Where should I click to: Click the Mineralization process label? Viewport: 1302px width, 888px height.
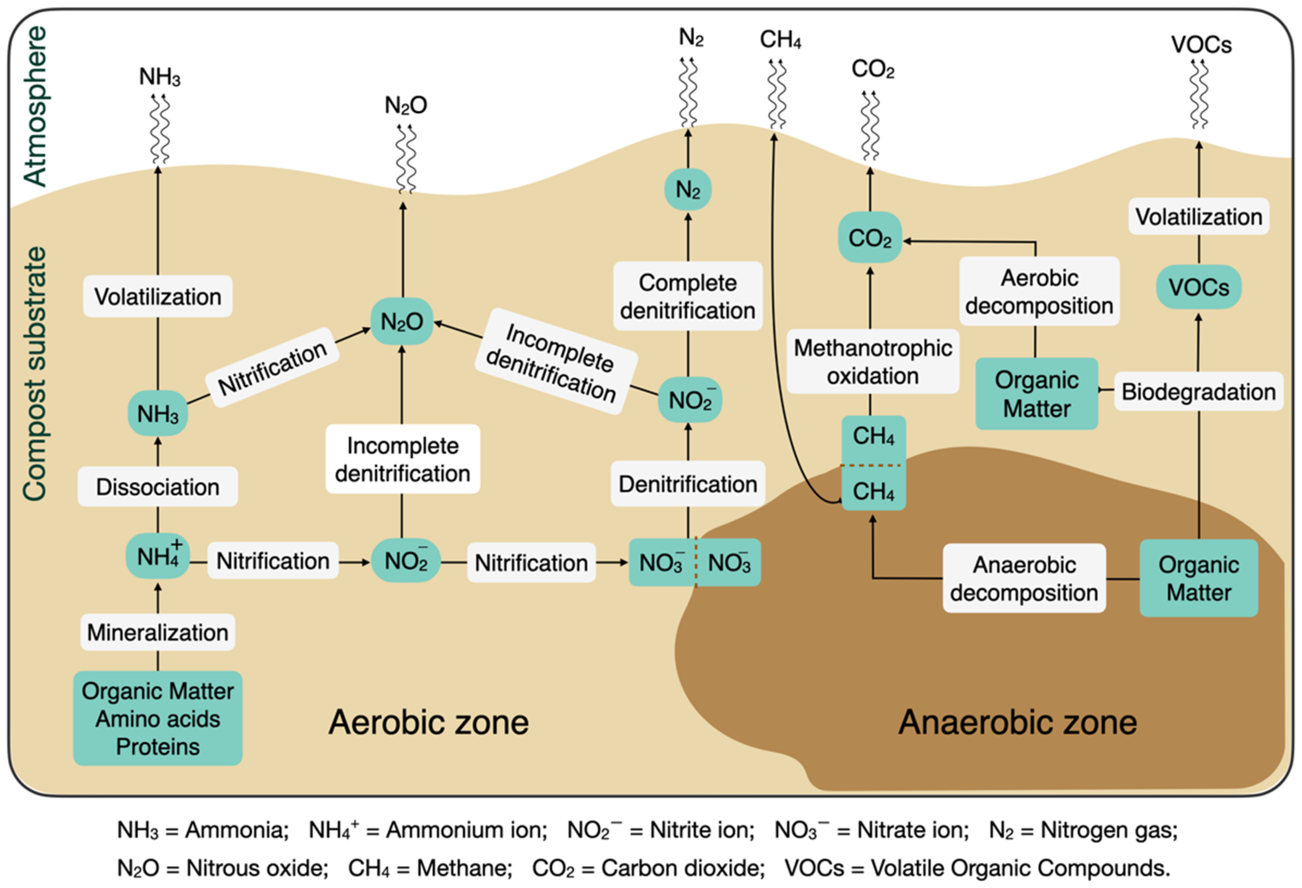click(x=157, y=632)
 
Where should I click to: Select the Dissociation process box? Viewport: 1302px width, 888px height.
click(x=157, y=487)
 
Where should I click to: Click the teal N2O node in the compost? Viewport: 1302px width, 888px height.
click(x=402, y=321)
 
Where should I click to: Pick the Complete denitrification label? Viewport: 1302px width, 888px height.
click(x=688, y=296)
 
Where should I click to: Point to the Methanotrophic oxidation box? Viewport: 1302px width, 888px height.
click(x=872, y=362)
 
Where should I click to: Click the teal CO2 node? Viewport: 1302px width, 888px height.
click(x=870, y=238)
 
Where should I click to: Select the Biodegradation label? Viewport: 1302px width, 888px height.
click(x=1198, y=391)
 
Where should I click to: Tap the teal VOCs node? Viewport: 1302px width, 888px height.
click(x=1198, y=287)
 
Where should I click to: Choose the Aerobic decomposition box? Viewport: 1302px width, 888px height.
click(x=1039, y=291)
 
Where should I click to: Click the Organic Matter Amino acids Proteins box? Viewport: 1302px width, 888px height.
click(x=157, y=718)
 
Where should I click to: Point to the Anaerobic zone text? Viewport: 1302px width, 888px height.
click(x=1017, y=722)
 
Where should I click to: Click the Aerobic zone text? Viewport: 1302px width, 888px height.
click(x=428, y=722)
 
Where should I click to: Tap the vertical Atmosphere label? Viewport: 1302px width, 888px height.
click(x=35, y=107)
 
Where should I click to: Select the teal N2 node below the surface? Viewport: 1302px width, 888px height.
click(x=688, y=189)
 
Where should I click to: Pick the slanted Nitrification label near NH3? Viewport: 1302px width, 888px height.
click(x=272, y=368)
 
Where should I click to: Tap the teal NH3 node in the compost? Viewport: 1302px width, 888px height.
click(x=157, y=414)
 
